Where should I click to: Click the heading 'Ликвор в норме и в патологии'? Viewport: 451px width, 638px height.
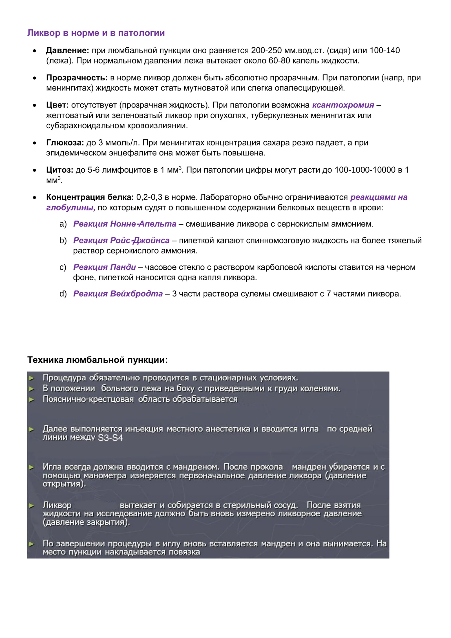96,33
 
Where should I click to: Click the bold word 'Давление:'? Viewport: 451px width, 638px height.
67,50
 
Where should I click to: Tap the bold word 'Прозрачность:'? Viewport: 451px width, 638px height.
77,78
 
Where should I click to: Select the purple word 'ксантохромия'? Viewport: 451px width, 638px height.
343,105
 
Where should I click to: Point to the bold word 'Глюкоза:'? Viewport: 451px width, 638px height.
65,143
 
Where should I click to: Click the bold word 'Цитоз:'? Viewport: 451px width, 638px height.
59,170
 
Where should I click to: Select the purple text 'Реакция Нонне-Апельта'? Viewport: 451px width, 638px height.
125,224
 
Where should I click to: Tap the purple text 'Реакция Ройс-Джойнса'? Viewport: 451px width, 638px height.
121,241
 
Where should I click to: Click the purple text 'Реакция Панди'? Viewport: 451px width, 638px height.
104,267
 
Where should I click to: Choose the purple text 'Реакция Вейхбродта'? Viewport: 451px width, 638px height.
118,294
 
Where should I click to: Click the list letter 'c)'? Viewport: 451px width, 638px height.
63,267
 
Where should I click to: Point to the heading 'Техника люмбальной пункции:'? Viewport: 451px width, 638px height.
97,360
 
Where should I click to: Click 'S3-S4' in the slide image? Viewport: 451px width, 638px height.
110,438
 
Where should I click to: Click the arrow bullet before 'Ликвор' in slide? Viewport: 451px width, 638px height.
32,505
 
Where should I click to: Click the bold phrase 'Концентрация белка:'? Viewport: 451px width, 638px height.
90,197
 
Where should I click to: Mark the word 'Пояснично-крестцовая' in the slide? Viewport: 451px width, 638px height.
88,399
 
